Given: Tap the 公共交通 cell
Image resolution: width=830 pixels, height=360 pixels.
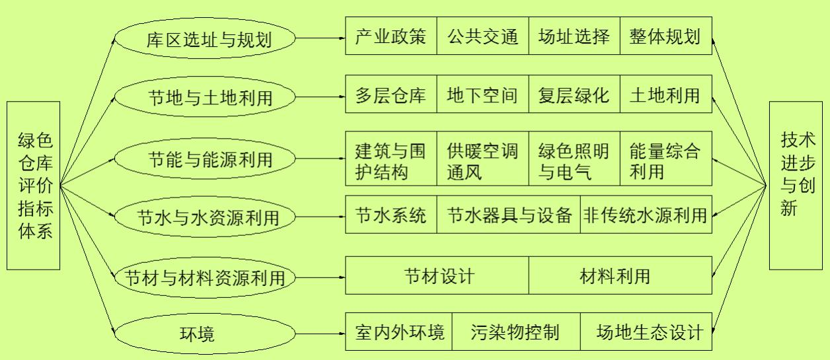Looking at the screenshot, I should (x=482, y=36).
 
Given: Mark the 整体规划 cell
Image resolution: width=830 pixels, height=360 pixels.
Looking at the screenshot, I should (x=666, y=36).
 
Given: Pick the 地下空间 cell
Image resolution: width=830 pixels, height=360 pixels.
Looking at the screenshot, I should (x=482, y=94).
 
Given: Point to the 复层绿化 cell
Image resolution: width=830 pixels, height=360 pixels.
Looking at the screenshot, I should (x=574, y=94).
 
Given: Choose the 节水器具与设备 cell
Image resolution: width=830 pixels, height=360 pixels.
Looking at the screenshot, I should (x=508, y=215).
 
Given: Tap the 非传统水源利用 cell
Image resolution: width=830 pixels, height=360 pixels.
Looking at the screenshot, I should (x=646, y=215).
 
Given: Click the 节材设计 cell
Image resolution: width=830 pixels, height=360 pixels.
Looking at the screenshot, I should (x=437, y=275).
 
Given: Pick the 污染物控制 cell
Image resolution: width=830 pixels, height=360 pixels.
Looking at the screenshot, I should (x=515, y=332).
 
